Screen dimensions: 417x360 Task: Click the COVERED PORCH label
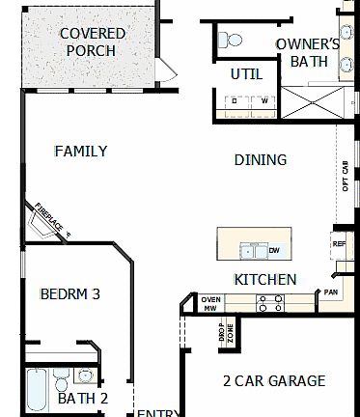(93, 42)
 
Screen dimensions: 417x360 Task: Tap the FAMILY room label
(80, 151)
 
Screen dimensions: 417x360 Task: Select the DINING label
(261, 159)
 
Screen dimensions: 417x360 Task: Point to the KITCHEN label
(264, 279)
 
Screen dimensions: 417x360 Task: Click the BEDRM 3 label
(69, 294)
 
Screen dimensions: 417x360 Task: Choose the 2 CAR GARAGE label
(273, 380)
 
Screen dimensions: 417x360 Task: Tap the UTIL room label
(246, 74)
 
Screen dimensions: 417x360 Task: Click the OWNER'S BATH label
(307, 52)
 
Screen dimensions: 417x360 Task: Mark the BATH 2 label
(83, 398)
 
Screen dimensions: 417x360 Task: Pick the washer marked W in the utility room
(263, 100)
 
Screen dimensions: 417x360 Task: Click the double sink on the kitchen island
(254, 251)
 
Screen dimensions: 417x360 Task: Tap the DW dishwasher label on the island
(275, 251)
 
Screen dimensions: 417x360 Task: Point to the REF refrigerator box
(339, 244)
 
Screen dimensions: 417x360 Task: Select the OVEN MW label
(211, 303)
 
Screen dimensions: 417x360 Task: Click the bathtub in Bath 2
(36, 390)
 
